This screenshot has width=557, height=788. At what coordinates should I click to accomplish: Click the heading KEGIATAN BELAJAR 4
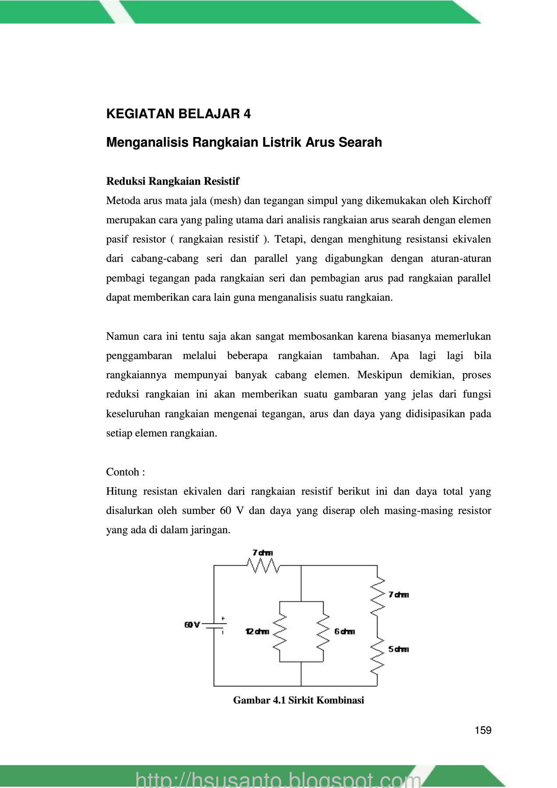coord(178,114)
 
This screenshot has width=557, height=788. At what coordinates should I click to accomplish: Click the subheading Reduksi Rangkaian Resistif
coord(173,181)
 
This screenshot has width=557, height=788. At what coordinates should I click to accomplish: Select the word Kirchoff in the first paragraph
coord(471,201)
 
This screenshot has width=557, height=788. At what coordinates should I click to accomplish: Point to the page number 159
coord(483,730)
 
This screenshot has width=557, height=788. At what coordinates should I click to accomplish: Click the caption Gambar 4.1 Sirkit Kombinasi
coord(298,700)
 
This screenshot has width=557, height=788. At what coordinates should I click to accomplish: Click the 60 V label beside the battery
coord(192,625)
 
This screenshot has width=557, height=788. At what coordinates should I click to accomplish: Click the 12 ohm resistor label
coord(257,631)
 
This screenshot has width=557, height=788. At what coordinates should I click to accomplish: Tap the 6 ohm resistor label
coord(344,631)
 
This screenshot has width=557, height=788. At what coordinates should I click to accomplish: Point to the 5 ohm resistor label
coord(398,649)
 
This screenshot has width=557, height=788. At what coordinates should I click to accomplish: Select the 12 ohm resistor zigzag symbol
coord(280,631)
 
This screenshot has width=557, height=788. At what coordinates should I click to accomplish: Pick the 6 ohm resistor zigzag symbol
coord(323,631)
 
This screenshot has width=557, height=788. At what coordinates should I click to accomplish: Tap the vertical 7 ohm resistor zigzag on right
coord(377,595)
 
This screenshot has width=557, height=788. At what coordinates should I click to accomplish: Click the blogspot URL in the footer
coord(278,780)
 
